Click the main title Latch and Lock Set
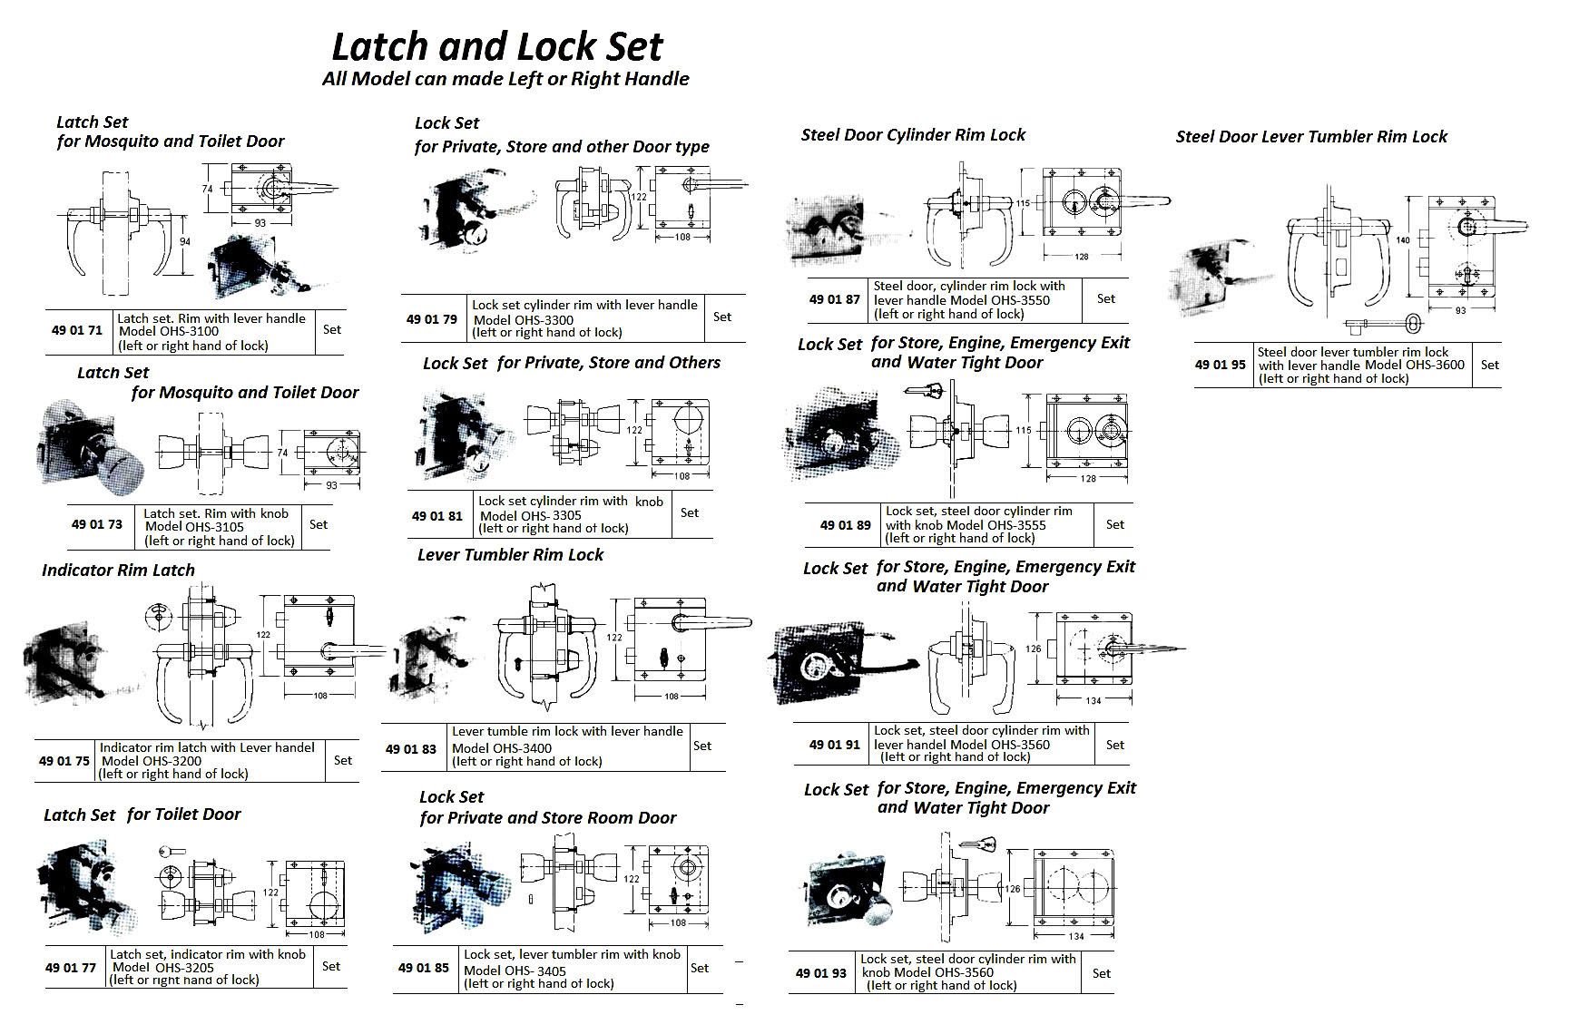(497, 46)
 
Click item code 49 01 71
(77, 331)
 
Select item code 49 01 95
(1220, 365)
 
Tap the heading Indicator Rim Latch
(118, 571)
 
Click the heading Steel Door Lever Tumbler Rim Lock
(1311, 137)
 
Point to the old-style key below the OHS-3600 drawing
(1379, 324)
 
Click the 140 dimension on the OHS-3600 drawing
(1403, 240)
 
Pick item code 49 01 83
(410, 748)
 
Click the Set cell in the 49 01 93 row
(1101, 973)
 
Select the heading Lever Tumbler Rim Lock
(510, 555)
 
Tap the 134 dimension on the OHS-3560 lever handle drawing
(1093, 700)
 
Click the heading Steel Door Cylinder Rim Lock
(913, 135)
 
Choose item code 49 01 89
(845, 525)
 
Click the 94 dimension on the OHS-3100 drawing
(185, 241)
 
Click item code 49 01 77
(70, 968)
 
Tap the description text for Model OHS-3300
(584, 318)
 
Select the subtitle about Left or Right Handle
(505, 79)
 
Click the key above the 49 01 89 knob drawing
(925, 391)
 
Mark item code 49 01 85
(423, 968)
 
